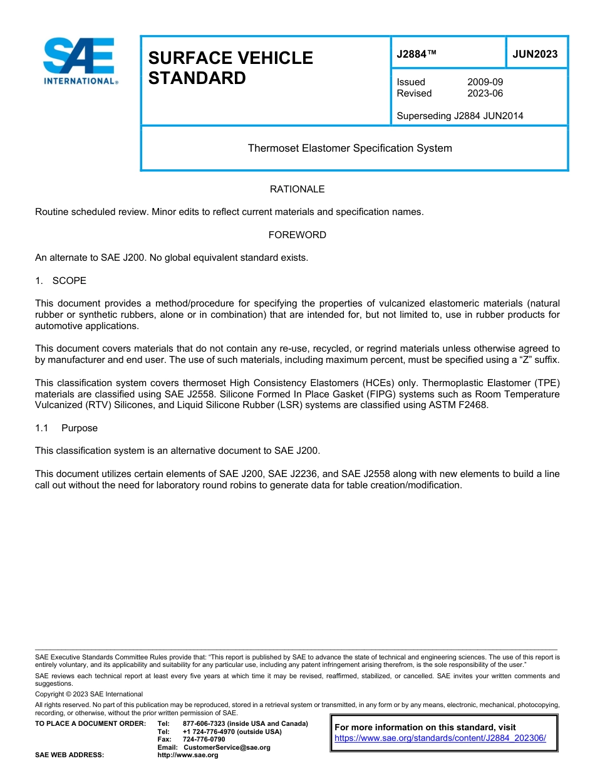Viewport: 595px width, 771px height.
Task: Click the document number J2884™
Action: pyautogui.click(x=416, y=55)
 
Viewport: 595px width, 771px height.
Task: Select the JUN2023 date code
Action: pyautogui.click(x=535, y=55)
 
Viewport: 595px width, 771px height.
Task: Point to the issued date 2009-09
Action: pyautogui.click(x=485, y=82)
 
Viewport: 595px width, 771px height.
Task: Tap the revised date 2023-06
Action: pyautogui.click(x=485, y=93)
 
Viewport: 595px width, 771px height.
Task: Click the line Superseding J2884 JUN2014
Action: pyautogui.click(x=460, y=115)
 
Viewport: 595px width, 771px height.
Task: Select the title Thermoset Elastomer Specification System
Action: pyautogui.click(x=349, y=149)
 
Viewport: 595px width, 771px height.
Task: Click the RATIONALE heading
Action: pyautogui.click(x=297, y=189)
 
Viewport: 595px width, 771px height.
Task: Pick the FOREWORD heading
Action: pyautogui.click(x=297, y=235)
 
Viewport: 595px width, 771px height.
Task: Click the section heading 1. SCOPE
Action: pyautogui.click(x=61, y=280)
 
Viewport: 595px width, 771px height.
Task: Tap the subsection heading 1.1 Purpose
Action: pyautogui.click(x=66, y=428)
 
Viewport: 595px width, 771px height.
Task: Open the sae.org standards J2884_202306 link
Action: pyautogui.click(x=440, y=738)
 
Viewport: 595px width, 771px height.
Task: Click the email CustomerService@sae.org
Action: pyautogui.click(x=227, y=747)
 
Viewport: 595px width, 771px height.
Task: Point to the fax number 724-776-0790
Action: pyautogui.click(x=204, y=740)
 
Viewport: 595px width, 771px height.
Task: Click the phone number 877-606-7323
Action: pyautogui.click(x=204, y=723)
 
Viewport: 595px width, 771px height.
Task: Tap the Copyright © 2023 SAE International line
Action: pyautogui.click(x=89, y=694)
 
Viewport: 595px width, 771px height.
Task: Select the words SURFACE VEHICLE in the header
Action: pyautogui.click(x=230, y=58)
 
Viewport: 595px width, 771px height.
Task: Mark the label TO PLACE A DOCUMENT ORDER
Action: pyautogui.click(x=90, y=723)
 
